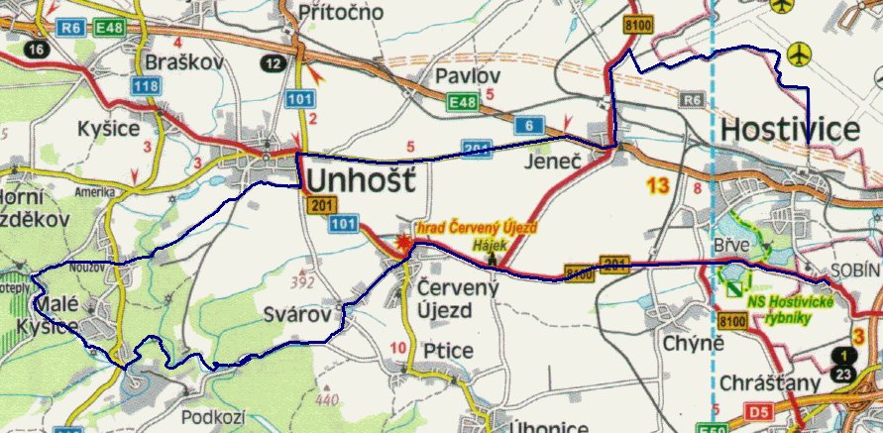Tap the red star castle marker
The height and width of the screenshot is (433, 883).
pos(402,243)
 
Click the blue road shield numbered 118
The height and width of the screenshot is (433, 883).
pos(146,87)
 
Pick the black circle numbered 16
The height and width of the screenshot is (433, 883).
pos(38,49)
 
